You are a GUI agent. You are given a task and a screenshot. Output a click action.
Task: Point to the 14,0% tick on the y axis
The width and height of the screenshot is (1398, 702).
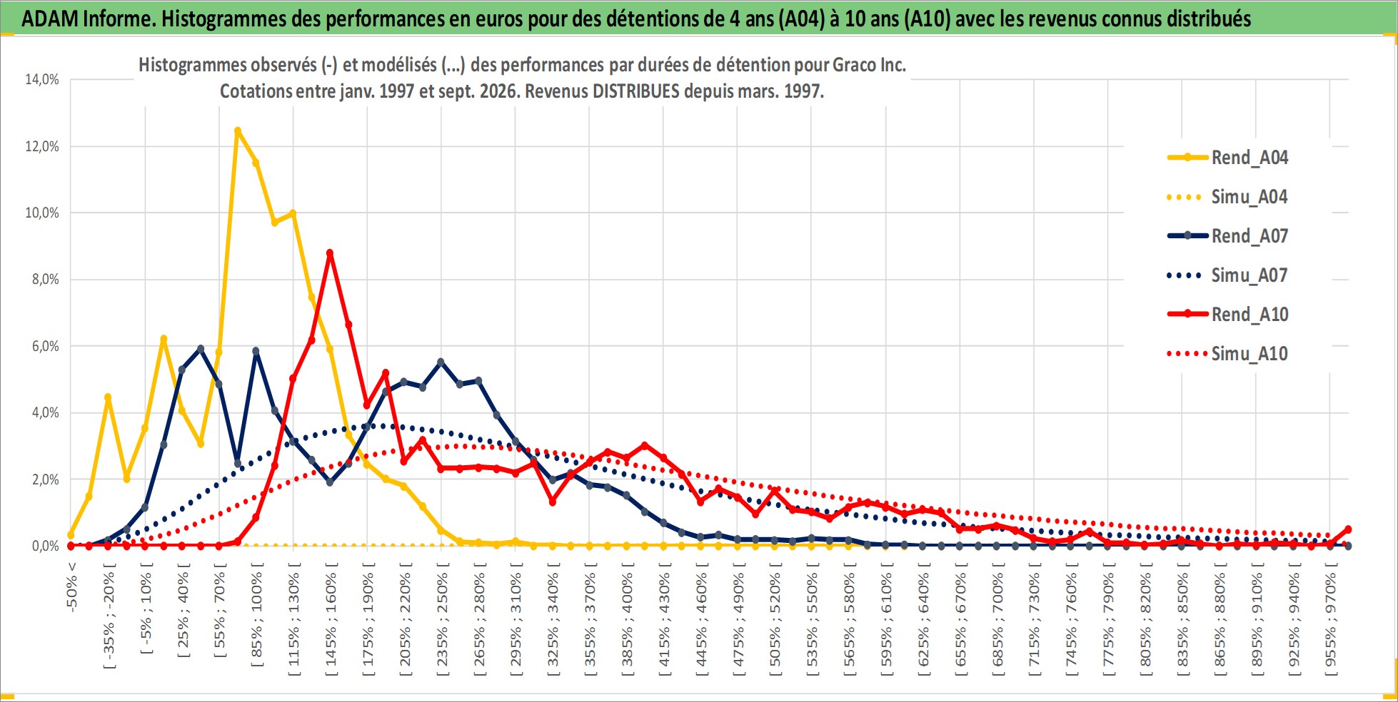(x=42, y=79)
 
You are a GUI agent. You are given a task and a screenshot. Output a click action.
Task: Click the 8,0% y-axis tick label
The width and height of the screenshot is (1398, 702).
(x=45, y=279)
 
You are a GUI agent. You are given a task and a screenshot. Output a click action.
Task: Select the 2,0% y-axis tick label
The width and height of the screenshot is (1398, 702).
(x=45, y=479)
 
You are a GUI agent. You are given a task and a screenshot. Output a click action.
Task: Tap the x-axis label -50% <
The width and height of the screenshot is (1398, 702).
(x=71, y=586)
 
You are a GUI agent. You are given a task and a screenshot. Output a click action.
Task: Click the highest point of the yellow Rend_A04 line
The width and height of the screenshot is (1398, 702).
(x=238, y=131)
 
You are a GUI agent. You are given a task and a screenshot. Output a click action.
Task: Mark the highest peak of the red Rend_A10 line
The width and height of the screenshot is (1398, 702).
(x=330, y=253)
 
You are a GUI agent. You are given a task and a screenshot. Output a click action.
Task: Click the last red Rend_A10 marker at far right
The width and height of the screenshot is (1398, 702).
(x=1348, y=529)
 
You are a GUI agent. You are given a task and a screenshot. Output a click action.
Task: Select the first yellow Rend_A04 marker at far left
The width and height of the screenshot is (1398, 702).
(x=71, y=535)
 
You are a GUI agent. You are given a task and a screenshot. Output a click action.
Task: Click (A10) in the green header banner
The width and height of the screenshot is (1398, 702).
(x=927, y=19)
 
